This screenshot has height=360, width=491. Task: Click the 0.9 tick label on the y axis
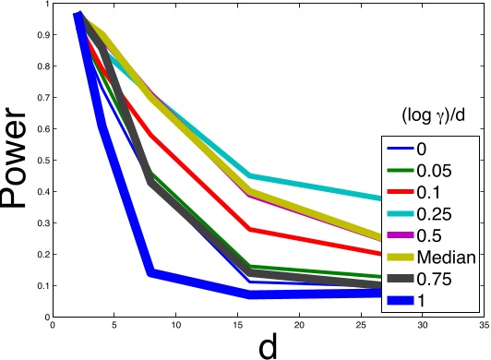[x=40, y=36]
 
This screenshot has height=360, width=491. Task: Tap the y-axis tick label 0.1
[x=40, y=285]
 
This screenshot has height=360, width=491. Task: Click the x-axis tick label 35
[x=484, y=325]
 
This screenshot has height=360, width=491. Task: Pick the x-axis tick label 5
[x=114, y=325]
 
